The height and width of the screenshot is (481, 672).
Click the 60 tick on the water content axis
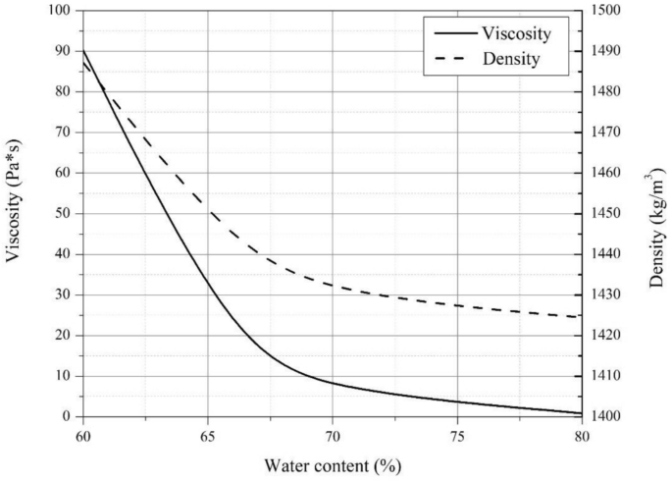coord(83,434)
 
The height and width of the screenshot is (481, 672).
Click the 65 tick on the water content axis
coord(208,434)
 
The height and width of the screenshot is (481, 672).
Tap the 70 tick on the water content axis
coord(333,434)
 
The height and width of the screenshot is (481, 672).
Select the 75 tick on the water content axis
coord(458,434)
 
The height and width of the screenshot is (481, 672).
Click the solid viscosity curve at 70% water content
coord(333,383)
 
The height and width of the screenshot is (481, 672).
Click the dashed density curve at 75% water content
coord(458,305)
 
